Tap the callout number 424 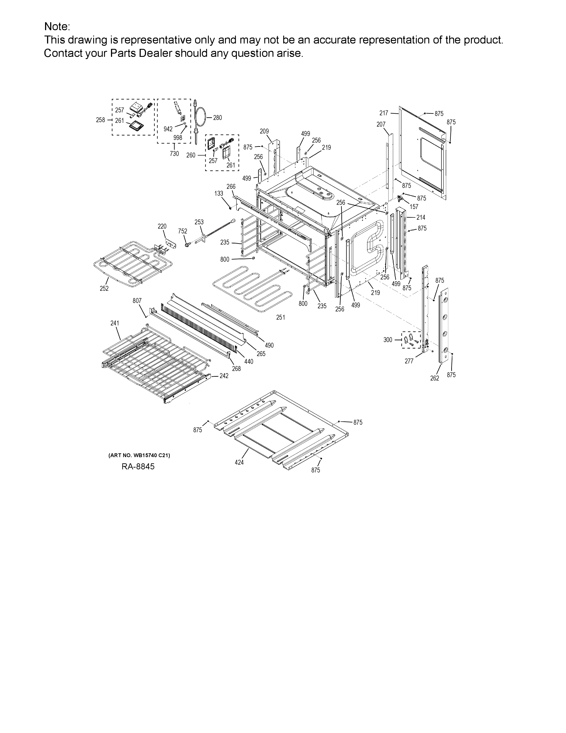pyautogui.click(x=239, y=462)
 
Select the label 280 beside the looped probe pyautogui.click(x=217, y=118)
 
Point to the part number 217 pyautogui.click(x=384, y=113)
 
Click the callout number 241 pyautogui.click(x=115, y=323)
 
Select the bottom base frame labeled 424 pyautogui.click(x=282, y=430)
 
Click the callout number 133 pyautogui.click(x=219, y=194)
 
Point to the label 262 pyautogui.click(x=435, y=378)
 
